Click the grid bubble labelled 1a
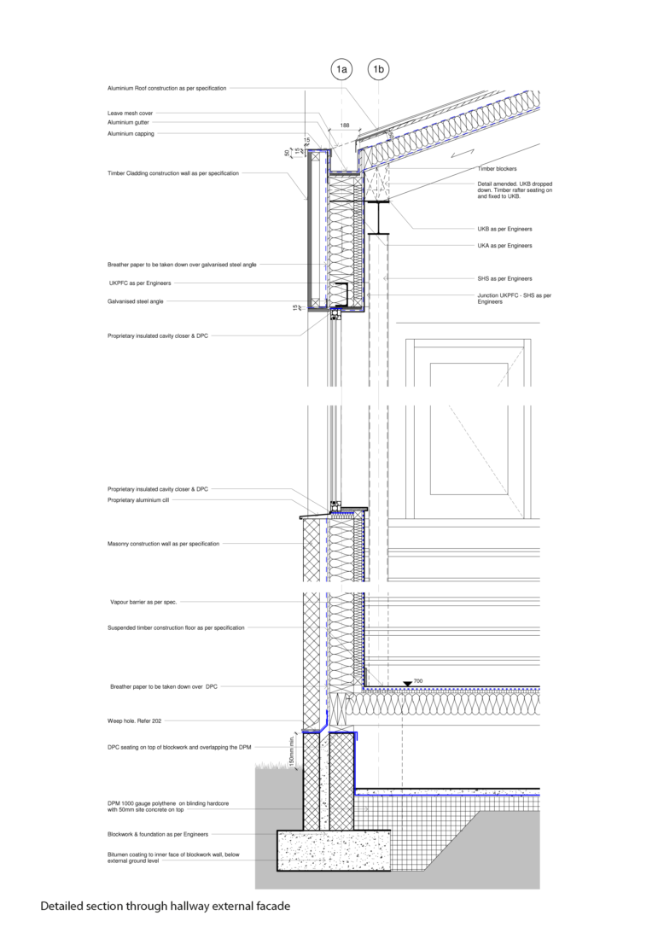(x=341, y=68)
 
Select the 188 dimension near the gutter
(x=345, y=125)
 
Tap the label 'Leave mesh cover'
(x=131, y=113)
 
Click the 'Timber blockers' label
(x=497, y=169)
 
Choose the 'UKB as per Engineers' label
(x=505, y=230)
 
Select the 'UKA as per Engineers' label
(x=505, y=245)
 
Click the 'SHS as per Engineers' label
(x=505, y=278)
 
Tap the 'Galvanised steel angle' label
(x=136, y=301)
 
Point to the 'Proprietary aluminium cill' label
(x=138, y=500)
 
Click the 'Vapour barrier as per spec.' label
(x=143, y=602)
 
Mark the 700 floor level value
(x=417, y=680)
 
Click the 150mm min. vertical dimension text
(x=291, y=749)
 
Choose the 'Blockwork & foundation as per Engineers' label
(x=158, y=834)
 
